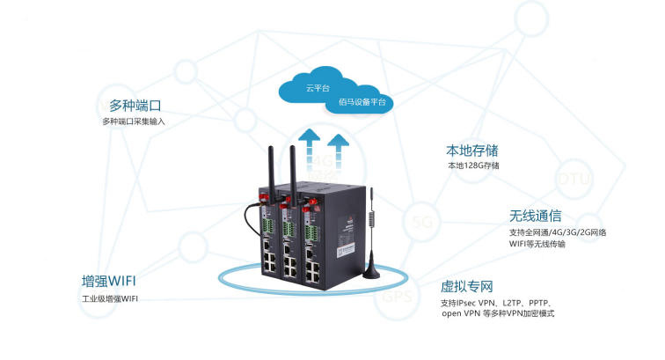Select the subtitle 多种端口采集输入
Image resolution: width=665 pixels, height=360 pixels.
point(133,121)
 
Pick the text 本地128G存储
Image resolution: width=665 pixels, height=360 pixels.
point(473,165)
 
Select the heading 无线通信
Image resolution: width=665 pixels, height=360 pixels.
point(535,216)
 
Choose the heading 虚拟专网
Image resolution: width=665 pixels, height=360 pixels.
point(467,286)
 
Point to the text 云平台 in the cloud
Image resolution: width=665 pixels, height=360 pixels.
point(317,88)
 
